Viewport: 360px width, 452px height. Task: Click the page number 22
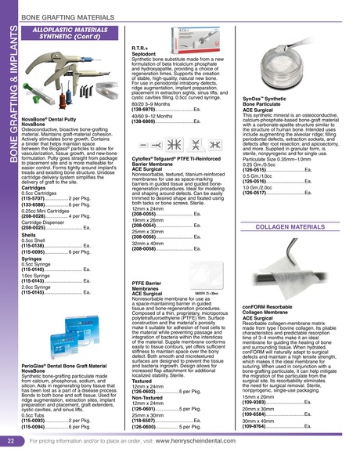coord(11,441)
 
